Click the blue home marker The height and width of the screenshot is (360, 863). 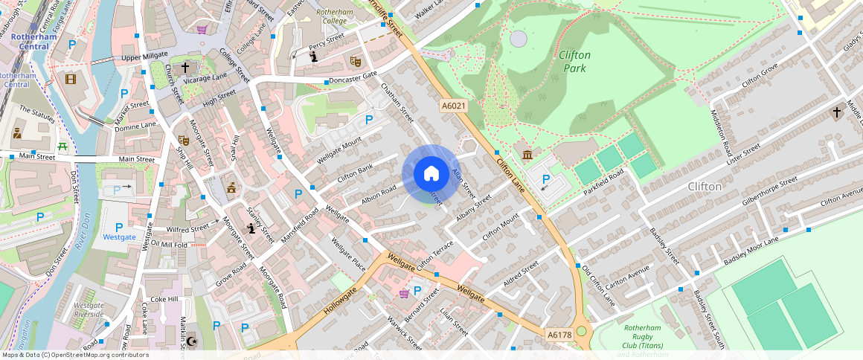[431, 174]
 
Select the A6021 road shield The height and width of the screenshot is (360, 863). [453, 106]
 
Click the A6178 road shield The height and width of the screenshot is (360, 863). [559, 335]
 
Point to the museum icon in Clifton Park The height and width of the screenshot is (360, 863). [527, 155]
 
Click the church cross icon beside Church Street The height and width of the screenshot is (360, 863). [185, 67]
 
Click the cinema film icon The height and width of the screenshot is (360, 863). [70, 79]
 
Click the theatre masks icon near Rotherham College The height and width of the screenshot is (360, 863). [356, 60]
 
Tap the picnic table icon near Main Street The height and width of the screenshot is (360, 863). [63, 147]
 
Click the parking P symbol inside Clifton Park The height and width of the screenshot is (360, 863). [546, 179]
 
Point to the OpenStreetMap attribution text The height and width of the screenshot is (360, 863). [74, 355]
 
